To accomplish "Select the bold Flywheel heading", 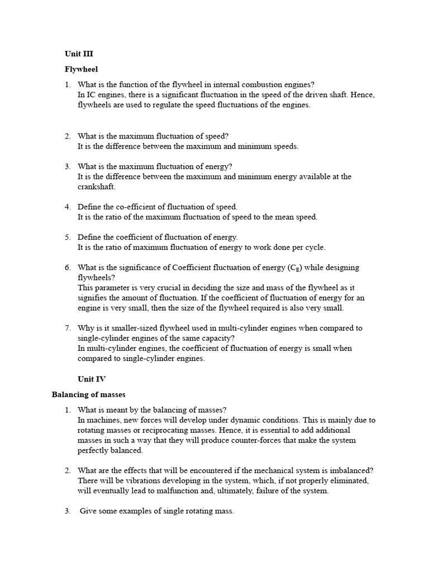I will pyautogui.click(x=81, y=69).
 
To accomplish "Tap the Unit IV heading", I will pyautogui.click(x=91, y=379).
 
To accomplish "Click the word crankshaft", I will pyautogui.click(x=96, y=187).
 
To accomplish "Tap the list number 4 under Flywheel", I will pyautogui.click(x=67, y=207).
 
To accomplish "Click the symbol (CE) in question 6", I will pyautogui.click(x=298, y=268).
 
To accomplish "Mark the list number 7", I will pyautogui.click(x=67, y=328).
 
